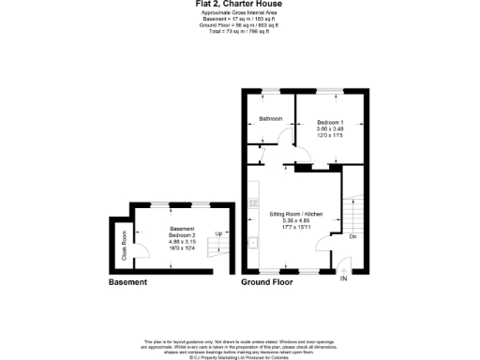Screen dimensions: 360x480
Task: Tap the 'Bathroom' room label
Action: point(271,119)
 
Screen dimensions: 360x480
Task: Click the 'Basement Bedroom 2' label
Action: point(182,232)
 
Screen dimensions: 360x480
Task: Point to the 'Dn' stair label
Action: point(352,236)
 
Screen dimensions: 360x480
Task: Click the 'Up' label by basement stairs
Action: point(218,233)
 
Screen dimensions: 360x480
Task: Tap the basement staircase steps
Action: point(217,247)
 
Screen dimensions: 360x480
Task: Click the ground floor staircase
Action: point(354,215)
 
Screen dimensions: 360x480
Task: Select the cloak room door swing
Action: point(126,229)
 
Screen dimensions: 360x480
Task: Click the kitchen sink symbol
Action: point(253,241)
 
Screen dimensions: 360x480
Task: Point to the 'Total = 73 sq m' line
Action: point(240,33)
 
